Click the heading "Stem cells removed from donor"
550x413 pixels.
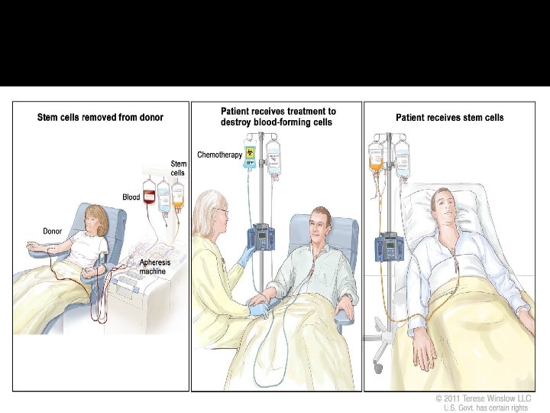pos(100,117)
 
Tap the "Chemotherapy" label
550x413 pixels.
pos(219,154)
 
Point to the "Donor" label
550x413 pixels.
pos(52,229)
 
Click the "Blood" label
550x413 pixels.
pos(131,197)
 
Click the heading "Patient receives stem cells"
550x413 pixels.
pos(449,118)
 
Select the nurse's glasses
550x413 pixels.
pos(220,212)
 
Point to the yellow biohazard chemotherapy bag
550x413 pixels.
pos(251,154)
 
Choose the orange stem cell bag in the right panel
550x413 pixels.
pos(376,158)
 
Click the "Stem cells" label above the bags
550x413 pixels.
pos(177,167)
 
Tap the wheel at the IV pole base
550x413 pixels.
pos(377,368)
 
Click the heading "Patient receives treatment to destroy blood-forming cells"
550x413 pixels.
pos(278,116)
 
